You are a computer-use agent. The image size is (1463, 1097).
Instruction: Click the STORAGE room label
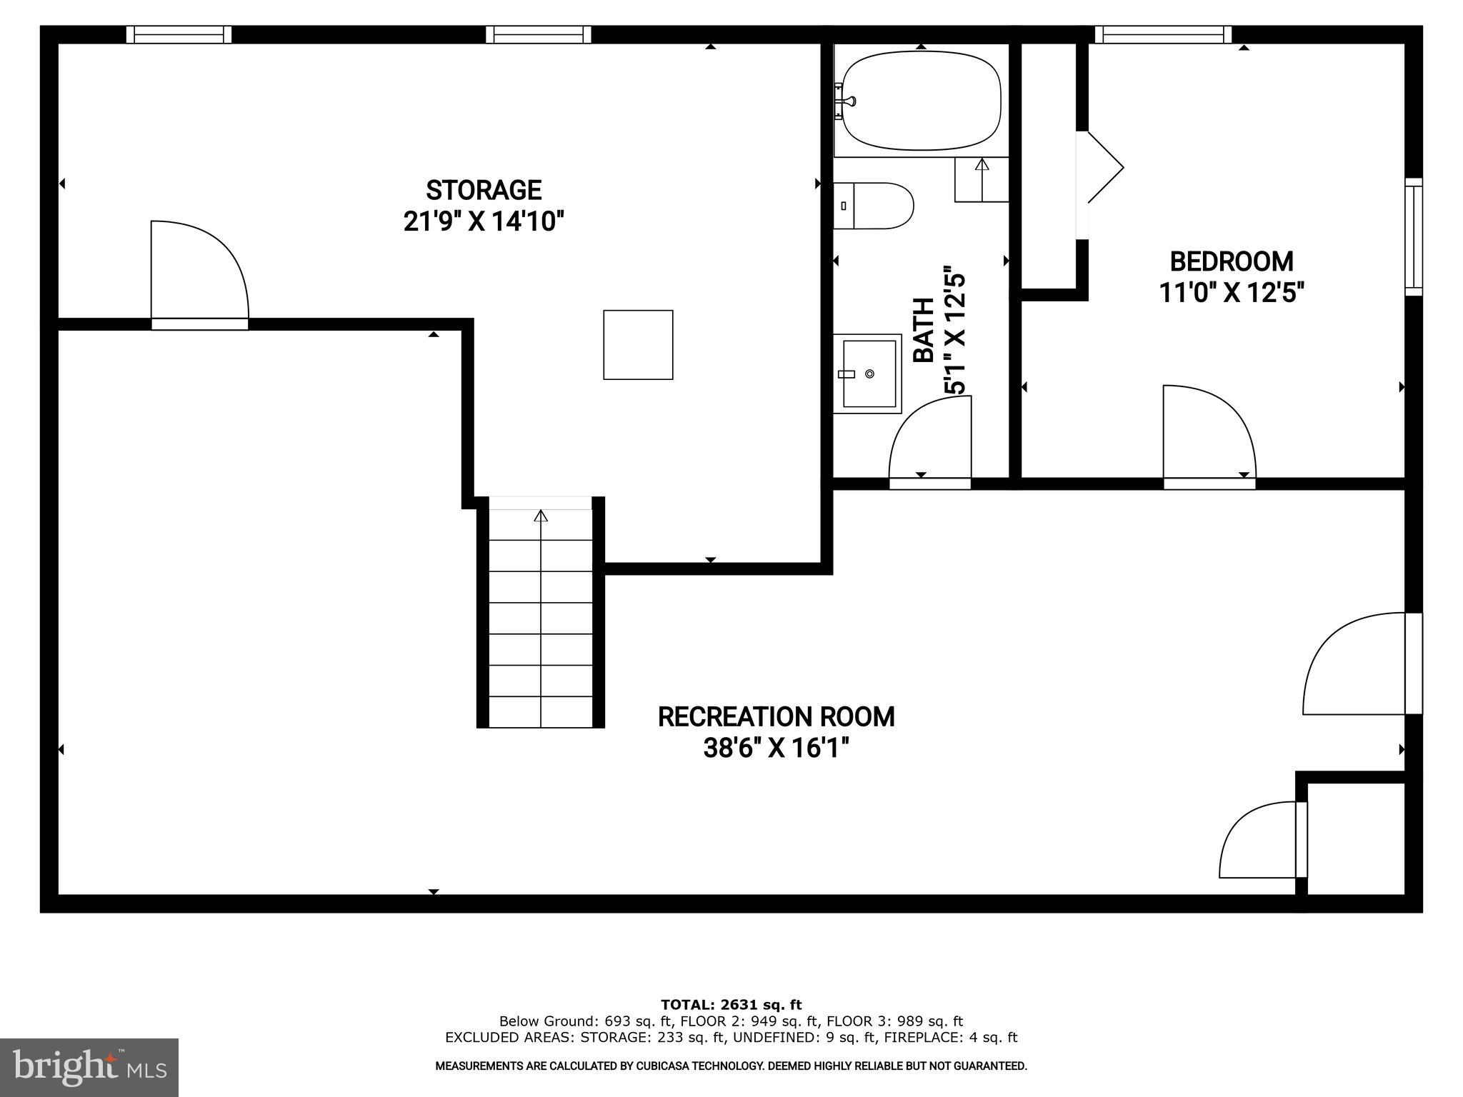tap(484, 190)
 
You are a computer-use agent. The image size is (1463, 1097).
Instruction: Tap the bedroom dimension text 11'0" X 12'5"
tap(1232, 293)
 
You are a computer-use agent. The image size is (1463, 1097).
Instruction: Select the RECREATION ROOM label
tap(776, 716)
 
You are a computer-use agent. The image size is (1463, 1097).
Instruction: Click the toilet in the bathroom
tap(874, 206)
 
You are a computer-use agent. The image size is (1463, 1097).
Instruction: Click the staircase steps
tap(541, 618)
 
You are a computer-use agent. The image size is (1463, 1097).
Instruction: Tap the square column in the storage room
tap(638, 344)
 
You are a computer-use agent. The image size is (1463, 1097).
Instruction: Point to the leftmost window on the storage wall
tap(179, 34)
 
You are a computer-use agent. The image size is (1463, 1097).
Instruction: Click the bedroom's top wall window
tap(1163, 34)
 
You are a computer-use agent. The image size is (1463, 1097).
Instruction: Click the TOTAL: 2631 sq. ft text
tap(731, 1005)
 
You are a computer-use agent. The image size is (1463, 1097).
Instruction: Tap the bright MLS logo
tap(89, 1067)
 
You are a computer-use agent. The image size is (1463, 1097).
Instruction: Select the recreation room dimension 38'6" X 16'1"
tap(776, 748)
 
